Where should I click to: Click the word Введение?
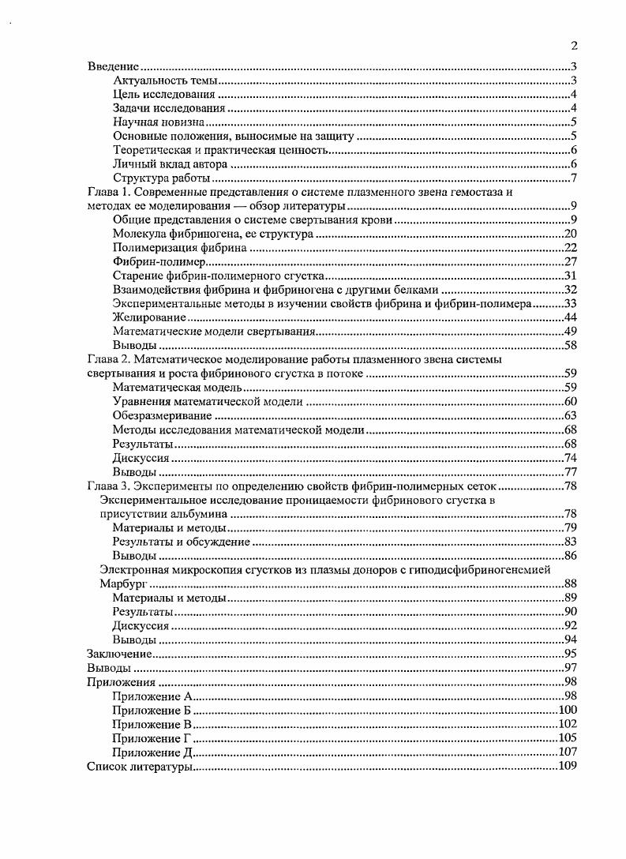tap(113, 67)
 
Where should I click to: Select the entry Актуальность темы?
tap(165, 81)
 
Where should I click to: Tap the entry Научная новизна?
tap(159, 122)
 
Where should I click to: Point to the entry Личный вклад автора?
tap(170, 164)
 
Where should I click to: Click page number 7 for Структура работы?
tap(575, 178)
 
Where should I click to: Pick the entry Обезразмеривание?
tap(162, 415)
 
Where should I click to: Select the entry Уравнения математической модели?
tap(208, 401)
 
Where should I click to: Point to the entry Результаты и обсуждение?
tap(181, 542)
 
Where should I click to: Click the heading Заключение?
tap(118, 654)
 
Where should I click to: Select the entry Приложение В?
tap(152, 723)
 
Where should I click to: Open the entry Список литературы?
tap(138, 766)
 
